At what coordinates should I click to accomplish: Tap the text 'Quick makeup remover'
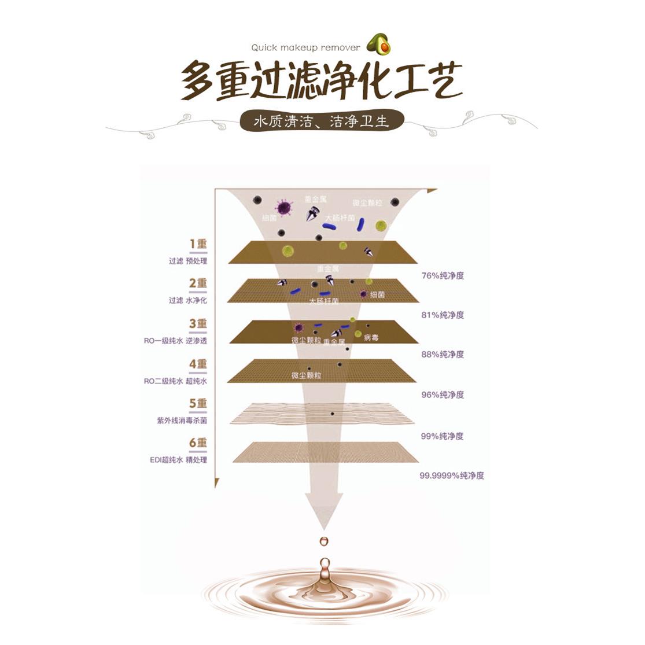(305, 48)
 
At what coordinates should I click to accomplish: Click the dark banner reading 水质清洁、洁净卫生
(322, 122)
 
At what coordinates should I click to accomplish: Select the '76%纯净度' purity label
(443, 276)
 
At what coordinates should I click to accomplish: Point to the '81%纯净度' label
(443, 315)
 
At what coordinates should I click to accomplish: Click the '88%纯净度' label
(443, 355)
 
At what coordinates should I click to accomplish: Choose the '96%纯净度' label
(443, 395)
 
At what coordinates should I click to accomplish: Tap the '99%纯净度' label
(443, 436)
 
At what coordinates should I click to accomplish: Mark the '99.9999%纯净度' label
(451, 476)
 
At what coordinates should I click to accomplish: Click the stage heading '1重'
(198, 244)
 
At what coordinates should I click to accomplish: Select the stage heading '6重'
(198, 444)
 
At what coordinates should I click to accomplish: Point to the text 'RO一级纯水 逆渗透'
(175, 341)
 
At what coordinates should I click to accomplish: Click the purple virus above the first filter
(283, 207)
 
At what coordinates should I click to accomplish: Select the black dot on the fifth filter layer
(332, 414)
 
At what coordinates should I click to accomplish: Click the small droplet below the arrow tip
(323, 541)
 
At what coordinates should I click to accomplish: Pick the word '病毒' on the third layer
(371, 338)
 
